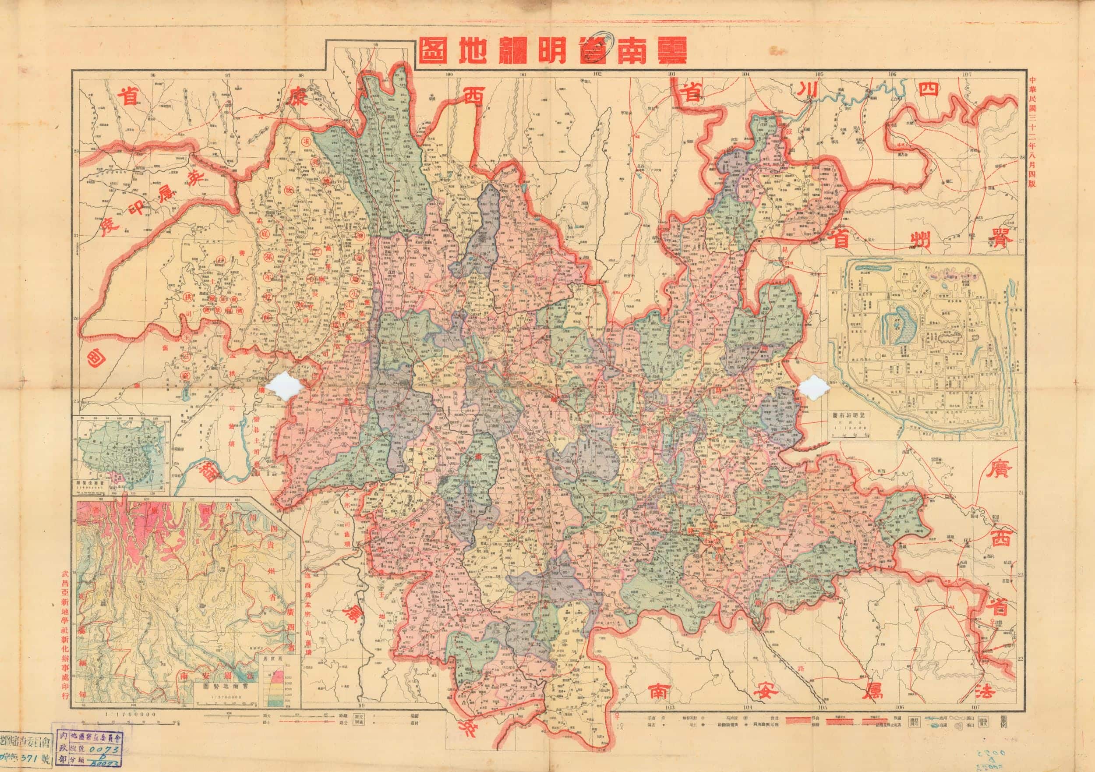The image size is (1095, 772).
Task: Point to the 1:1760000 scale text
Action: pos(130,714)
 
